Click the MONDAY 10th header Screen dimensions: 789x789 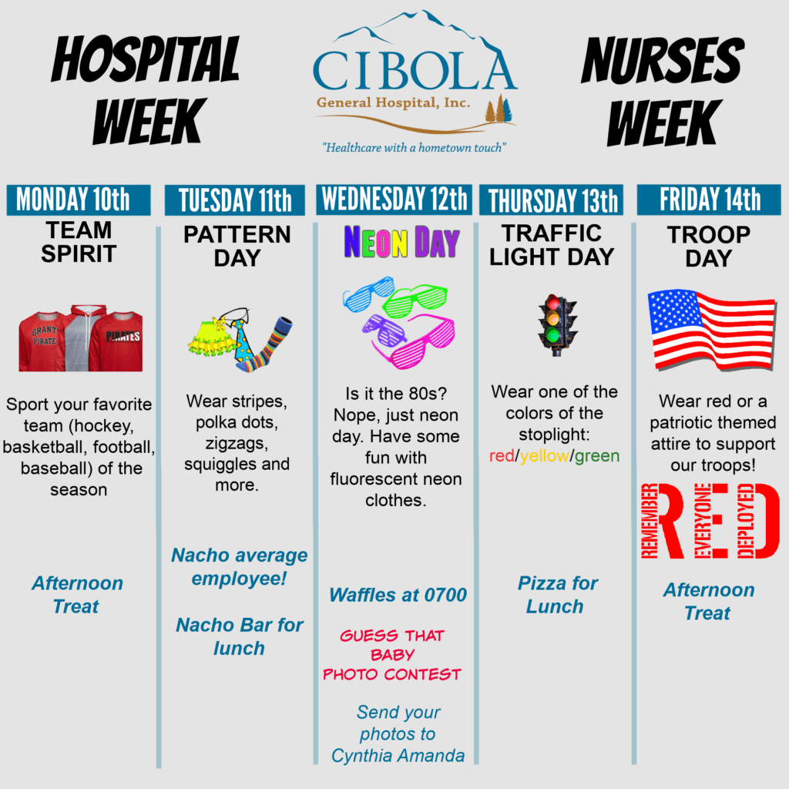(79, 200)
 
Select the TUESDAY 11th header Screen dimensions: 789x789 (235, 200)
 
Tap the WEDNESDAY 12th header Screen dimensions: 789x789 (394, 200)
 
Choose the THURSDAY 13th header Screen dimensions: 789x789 (552, 200)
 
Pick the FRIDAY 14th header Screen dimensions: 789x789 (709, 200)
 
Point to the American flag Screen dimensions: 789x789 (711, 330)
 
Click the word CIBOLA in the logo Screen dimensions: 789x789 (414, 70)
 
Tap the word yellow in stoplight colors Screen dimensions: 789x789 (545, 456)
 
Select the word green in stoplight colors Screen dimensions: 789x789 (597, 456)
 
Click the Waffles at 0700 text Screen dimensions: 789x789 (398, 595)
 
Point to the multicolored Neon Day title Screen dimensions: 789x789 (401, 242)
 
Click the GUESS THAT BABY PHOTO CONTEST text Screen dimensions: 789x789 (392, 655)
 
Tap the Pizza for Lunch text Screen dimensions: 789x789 (556, 595)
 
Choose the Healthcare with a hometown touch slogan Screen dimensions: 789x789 (414, 147)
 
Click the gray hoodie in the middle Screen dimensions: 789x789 (82, 338)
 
